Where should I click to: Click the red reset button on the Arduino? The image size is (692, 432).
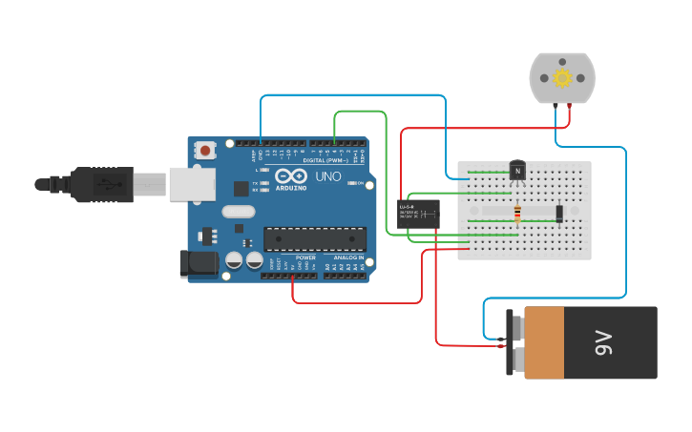tap(205, 150)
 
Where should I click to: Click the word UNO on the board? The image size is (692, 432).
tap(327, 176)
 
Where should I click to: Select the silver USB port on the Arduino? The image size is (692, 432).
tap(192, 184)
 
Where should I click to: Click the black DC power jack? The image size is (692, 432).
tap(199, 263)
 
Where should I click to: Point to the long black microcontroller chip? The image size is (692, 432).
tap(314, 239)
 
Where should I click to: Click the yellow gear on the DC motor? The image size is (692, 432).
tap(562, 77)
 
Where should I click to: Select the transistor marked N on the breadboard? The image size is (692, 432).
tap(517, 171)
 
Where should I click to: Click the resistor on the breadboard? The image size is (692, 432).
tap(517, 214)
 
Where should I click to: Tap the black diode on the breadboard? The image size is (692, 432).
tap(559, 214)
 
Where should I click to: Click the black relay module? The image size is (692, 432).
tap(418, 214)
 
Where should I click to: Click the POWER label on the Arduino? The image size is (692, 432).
tap(305, 257)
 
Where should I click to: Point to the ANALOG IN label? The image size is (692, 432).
tap(348, 257)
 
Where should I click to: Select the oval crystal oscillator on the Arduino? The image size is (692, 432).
tap(239, 212)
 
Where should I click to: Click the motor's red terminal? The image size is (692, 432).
tap(570, 105)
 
